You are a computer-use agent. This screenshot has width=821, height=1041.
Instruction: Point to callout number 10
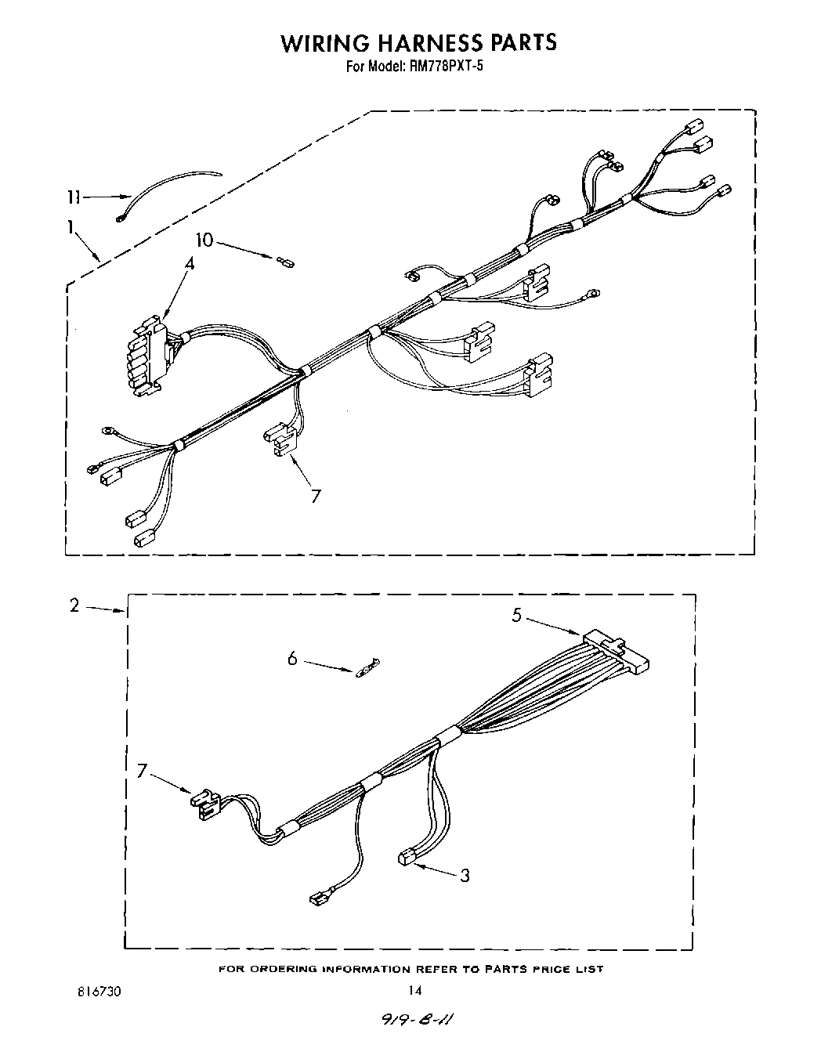(x=204, y=240)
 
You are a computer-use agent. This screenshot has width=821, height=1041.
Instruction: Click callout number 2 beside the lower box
(x=74, y=605)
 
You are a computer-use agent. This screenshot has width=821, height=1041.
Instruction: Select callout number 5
(x=516, y=615)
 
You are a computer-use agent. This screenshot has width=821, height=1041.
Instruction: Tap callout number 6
(x=292, y=659)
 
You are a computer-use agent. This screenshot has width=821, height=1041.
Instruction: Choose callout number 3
(x=465, y=875)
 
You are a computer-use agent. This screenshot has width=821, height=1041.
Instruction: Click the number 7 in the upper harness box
(x=315, y=495)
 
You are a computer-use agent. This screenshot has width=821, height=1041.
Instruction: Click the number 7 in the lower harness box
(x=142, y=771)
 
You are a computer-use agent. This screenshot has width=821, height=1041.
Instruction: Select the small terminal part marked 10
(x=284, y=262)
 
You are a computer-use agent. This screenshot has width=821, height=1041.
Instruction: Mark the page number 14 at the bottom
(x=414, y=990)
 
